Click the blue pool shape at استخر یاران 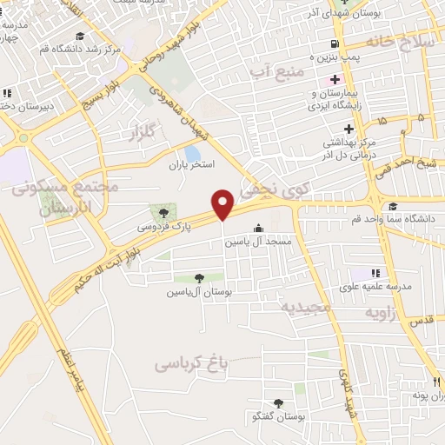click(191, 155)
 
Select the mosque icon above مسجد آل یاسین click(257, 229)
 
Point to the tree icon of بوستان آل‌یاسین click(200, 279)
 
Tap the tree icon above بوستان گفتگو click(278, 402)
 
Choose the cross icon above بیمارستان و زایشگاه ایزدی click(335, 80)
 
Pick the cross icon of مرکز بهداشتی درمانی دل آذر click(349, 129)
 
